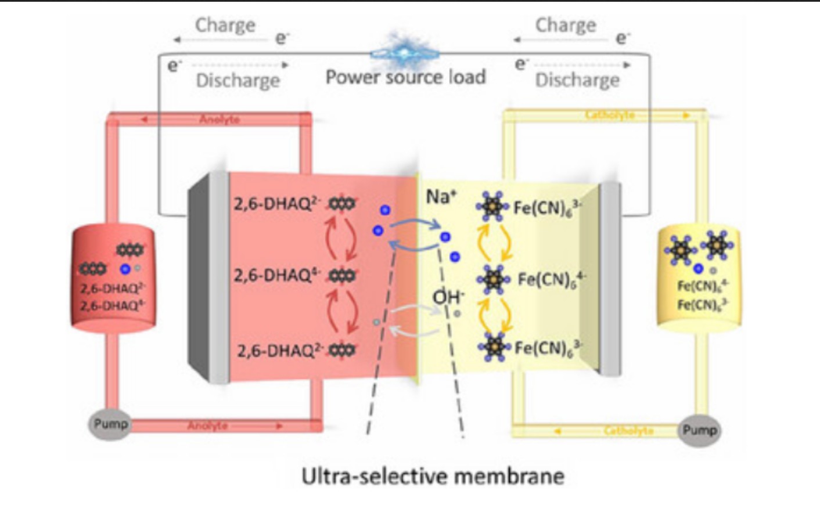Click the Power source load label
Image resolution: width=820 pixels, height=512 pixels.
[x=405, y=77]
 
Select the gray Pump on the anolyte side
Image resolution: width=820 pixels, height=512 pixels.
[x=110, y=424]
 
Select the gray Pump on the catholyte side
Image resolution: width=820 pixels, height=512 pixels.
[x=699, y=431]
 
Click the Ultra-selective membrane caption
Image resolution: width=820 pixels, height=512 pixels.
[x=433, y=477]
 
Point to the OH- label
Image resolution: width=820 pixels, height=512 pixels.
[x=448, y=297]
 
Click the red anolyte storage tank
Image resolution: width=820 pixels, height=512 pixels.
[x=113, y=279]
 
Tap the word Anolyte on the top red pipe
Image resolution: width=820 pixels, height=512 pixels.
[x=219, y=119]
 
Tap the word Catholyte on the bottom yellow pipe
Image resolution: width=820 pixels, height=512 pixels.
[x=628, y=431]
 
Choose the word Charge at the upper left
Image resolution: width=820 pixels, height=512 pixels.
[x=225, y=26]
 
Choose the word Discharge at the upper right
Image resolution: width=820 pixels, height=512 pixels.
[x=577, y=80]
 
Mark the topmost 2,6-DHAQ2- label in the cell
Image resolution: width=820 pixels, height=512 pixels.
[x=278, y=204]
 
